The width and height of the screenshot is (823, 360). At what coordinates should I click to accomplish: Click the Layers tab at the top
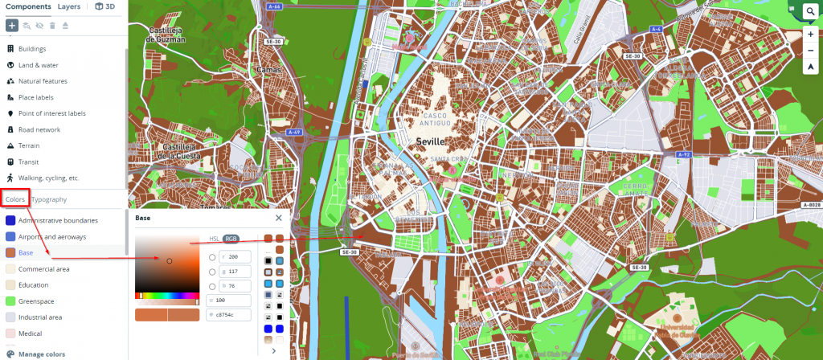click(x=69, y=6)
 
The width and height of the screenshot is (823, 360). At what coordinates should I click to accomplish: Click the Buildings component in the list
click(x=32, y=49)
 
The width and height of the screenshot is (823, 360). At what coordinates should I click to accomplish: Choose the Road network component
click(x=39, y=129)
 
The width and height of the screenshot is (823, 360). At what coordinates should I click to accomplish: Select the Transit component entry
click(x=30, y=162)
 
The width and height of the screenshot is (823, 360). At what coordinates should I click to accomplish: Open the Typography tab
click(x=49, y=199)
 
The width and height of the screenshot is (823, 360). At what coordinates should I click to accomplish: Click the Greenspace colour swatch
click(x=10, y=301)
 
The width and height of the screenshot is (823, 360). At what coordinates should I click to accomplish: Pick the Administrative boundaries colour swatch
click(x=10, y=221)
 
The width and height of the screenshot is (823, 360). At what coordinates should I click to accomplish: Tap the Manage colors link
click(x=41, y=354)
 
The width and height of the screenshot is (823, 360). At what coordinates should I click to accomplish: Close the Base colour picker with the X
click(x=279, y=218)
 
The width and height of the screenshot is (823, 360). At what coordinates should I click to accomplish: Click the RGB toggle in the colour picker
click(x=231, y=239)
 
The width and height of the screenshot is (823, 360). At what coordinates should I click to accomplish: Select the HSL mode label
click(x=214, y=239)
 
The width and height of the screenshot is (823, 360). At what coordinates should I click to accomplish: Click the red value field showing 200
click(x=240, y=257)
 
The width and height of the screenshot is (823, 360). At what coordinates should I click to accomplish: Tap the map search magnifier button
click(x=811, y=12)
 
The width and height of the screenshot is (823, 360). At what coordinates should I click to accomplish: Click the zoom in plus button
click(x=811, y=35)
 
